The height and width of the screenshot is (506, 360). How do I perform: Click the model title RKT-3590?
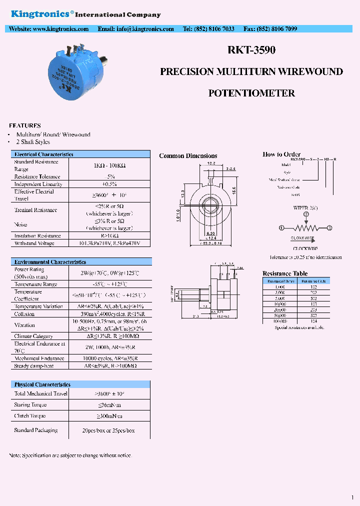point(251,50)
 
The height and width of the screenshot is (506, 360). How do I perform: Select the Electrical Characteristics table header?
point(44,154)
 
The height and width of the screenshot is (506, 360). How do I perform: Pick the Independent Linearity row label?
point(38,184)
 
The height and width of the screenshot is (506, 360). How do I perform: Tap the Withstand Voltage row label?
point(34,243)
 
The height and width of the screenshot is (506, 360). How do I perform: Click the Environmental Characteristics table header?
point(50,262)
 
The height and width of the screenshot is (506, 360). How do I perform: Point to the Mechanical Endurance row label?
point(40,358)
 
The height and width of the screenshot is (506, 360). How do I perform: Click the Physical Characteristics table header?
point(42,384)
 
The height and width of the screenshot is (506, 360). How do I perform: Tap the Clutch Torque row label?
point(30,416)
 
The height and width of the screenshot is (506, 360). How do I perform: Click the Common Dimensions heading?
point(188,156)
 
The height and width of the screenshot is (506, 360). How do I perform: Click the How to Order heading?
point(281,154)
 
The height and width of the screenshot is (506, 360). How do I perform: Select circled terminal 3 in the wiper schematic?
point(329,227)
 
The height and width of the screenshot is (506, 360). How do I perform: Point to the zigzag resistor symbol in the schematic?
point(305,227)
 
